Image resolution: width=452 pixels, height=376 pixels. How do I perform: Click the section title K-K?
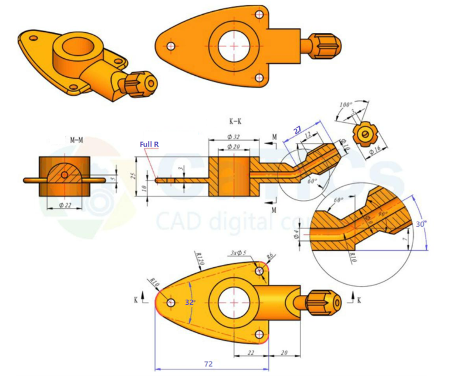pyautogui.click(x=236, y=122)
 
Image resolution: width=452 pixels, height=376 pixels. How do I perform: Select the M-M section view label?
pyautogui.click(x=76, y=140)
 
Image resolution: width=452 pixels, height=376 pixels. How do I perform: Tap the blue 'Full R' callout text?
pyautogui.click(x=149, y=145)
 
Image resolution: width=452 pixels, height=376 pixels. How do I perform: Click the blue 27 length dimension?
pyautogui.click(x=298, y=130)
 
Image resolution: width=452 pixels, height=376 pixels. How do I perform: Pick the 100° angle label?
pyautogui.click(x=348, y=105)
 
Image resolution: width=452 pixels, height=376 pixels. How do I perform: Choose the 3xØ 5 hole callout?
pyautogui.click(x=238, y=253)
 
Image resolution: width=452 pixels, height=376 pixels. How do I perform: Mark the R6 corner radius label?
pyautogui.click(x=270, y=256)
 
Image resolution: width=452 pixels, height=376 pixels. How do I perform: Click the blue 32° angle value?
pyautogui.click(x=190, y=302)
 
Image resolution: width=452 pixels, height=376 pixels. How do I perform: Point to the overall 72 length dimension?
pyautogui.click(x=208, y=364)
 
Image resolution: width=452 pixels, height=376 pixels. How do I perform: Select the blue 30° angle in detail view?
pyautogui.click(x=420, y=224)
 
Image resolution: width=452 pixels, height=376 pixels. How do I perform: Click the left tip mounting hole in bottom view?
pyautogui.click(x=170, y=302)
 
